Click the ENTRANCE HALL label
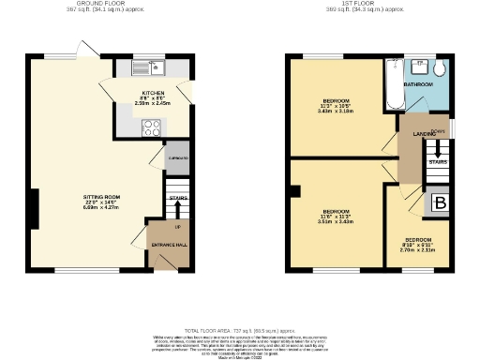(x=169, y=245)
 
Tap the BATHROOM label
(x=419, y=84)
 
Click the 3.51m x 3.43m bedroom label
(x=335, y=215)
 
